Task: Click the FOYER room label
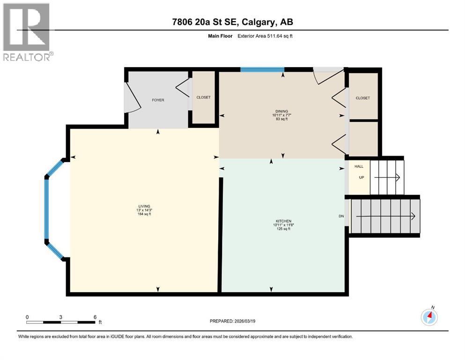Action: pos(158,100)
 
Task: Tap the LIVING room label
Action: pos(144,206)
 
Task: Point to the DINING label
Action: pos(281,111)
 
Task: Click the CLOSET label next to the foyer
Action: pos(203,97)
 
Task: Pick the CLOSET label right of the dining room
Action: pos(362,98)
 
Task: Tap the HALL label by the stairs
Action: pos(359,166)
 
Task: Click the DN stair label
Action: pos(341,217)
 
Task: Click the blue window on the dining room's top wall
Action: pos(262,70)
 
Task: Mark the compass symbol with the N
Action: pos(429,317)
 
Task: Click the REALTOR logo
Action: pos(27,32)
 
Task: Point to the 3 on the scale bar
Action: pos(61,317)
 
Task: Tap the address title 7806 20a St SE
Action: pos(232,22)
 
